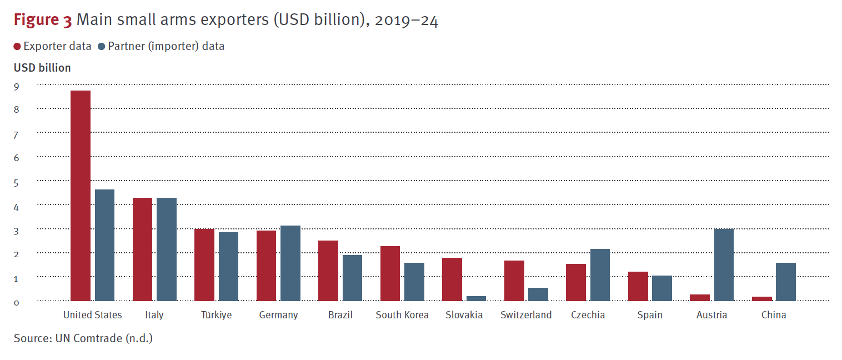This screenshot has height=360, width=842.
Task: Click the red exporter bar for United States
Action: click(81, 196)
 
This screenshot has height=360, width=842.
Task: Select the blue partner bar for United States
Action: click(104, 245)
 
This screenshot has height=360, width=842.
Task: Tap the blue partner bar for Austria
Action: click(724, 264)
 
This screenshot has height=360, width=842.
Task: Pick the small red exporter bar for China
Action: click(761, 298)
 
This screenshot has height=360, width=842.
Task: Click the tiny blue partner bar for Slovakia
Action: click(476, 298)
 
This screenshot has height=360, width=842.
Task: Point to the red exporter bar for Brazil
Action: click(328, 271)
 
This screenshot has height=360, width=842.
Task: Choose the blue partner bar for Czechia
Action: click(600, 274)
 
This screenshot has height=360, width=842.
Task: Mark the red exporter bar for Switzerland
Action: click(514, 281)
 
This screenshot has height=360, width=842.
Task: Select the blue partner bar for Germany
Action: click(290, 263)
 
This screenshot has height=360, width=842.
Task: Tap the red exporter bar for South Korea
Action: click(390, 273)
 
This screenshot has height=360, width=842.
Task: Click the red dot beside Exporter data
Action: click(17, 47)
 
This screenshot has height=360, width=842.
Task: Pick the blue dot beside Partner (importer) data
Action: click(102, 47)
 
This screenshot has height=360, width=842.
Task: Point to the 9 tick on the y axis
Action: click(17, 86)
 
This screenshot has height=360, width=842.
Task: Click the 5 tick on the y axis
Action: click(17, 182)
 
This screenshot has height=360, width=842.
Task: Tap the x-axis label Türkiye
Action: click(216, 315)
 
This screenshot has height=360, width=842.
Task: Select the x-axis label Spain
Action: click(649, 315)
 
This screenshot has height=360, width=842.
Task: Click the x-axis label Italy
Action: click(154, 315)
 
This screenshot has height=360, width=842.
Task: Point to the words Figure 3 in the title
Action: click(43, 21)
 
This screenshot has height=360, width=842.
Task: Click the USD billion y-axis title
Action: click(42, 68)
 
